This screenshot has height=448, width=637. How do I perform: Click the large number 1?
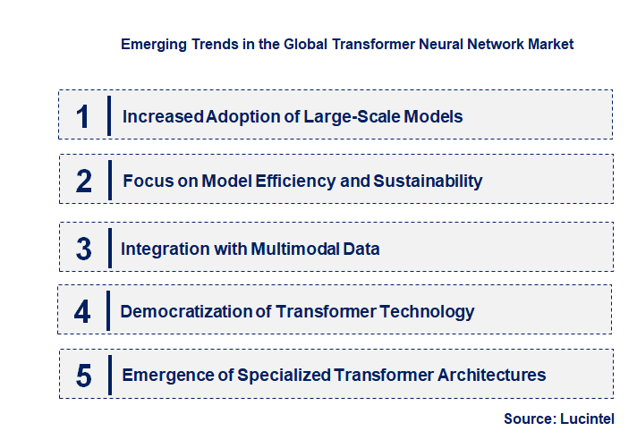point(82,116)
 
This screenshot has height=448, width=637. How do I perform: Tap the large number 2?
point(83,182)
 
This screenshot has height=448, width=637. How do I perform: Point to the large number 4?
point(82,312)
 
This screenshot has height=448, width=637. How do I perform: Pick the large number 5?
point(83,376)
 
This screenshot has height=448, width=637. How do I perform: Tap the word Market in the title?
point(549,43)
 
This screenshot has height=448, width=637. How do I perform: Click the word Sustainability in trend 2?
point(428,182)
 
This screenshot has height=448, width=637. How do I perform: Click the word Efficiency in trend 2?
point(295,182)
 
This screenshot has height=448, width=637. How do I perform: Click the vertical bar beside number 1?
point(109,116)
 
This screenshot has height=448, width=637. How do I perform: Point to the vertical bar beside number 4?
point(107,312)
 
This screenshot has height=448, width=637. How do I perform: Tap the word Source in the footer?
point(531,418)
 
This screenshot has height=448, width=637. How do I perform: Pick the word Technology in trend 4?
point(425,312)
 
